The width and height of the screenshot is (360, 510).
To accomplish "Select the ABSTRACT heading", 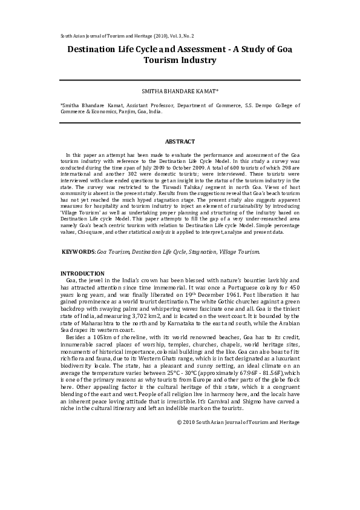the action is coord(180,141).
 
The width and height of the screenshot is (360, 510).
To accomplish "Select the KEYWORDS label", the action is coord(79,251).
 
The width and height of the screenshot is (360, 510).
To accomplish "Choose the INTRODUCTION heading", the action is coord(83,274).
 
